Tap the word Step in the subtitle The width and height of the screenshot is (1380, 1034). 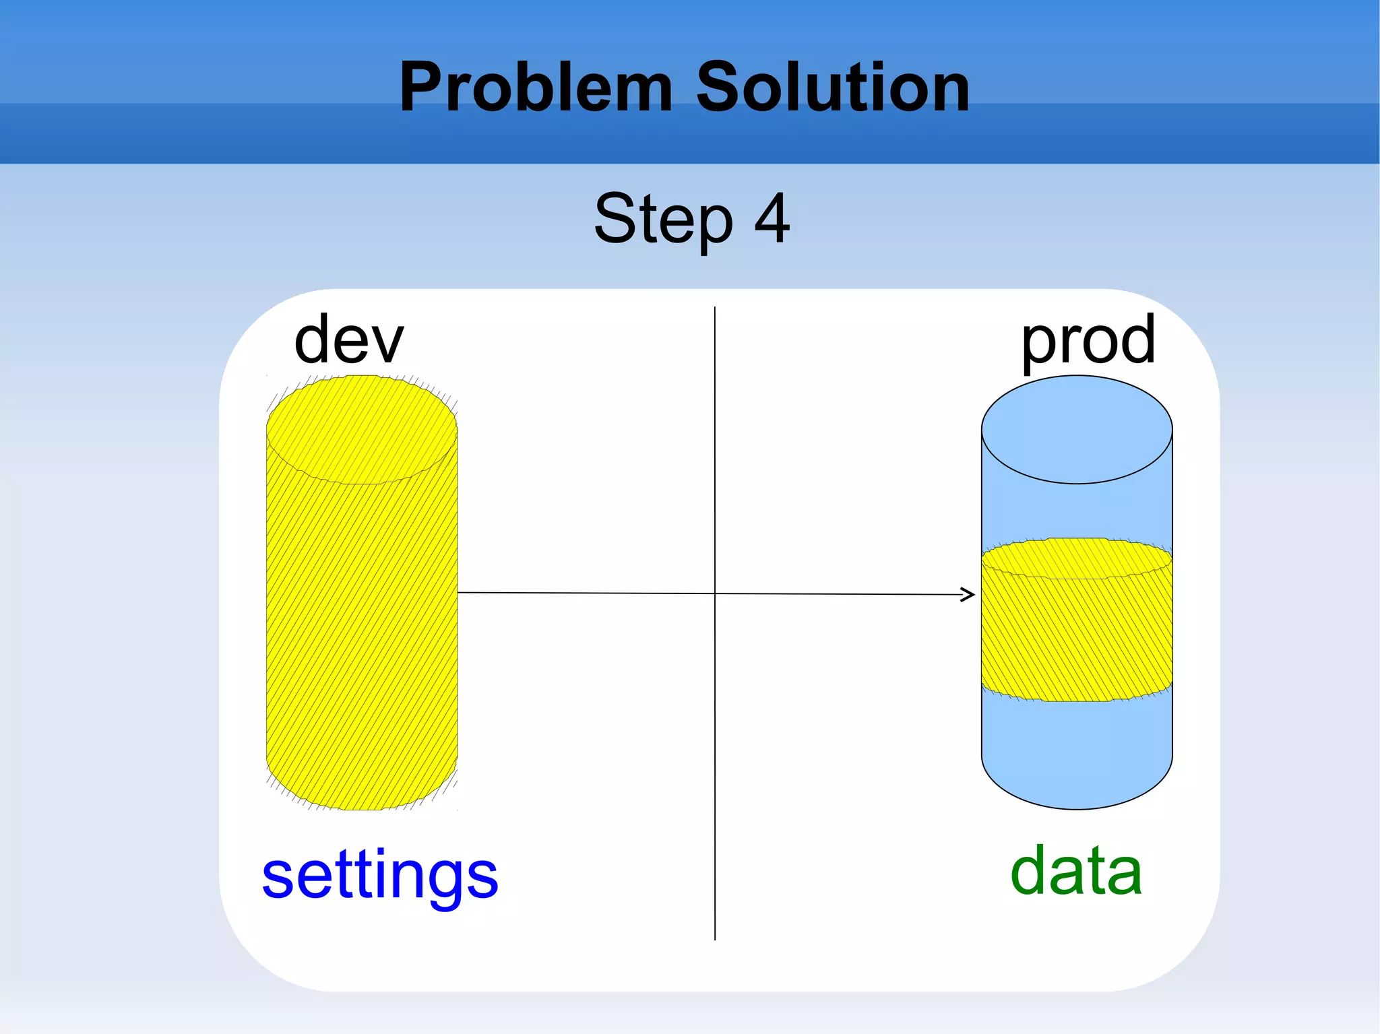pyautogui.click(x=663, y=220)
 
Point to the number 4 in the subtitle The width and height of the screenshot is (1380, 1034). pyautogui.click(x=772, y=218)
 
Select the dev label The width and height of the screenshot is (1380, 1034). pyautogui.click(x=348, y=340)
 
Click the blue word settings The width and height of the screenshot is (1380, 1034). pyautogui.click(x=380, y=876)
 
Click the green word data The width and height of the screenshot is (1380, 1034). pyautogui.click(x=1076, y=872)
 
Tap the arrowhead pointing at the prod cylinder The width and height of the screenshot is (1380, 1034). pyautogui.click(x=968, y=594)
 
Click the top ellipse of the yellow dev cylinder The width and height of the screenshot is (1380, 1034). pyautogui.click(x=362, y=430)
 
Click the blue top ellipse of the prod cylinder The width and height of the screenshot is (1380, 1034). pyautogui.click(x=1076, y=430)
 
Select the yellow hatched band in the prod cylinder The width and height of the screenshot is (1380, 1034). pyautogui.click(x=1076, y=633)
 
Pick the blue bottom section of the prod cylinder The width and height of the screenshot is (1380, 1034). pyautogui.click(x=1076, y=754)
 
